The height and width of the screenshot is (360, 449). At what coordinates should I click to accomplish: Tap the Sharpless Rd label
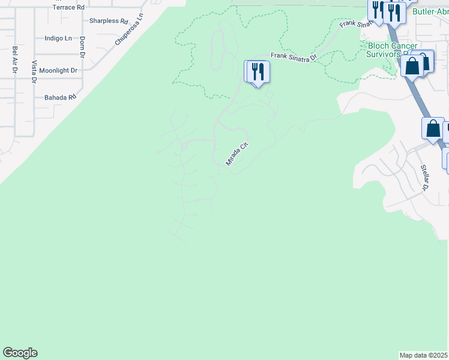point(109,21)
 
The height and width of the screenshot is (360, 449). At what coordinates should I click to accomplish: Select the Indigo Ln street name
point(58,38)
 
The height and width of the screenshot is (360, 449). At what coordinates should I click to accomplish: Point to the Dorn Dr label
point(83,47)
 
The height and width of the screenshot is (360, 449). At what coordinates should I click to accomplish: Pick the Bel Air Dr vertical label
point(14,59)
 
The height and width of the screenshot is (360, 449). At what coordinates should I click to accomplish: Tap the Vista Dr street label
point(35,71)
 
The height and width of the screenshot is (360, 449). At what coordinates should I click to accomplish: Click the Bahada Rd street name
point(60,97)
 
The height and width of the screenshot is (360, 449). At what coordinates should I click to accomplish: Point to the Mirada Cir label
point(237,154)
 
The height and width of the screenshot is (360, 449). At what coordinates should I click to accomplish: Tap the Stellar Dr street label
point(424,177)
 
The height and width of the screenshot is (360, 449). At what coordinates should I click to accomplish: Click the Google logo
point(20,353)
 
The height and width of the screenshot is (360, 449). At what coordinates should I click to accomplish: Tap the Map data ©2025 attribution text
point(424,355)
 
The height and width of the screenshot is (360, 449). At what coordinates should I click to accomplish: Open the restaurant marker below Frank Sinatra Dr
point(259,72)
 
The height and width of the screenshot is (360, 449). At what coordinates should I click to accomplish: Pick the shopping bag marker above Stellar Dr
point(433,128)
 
